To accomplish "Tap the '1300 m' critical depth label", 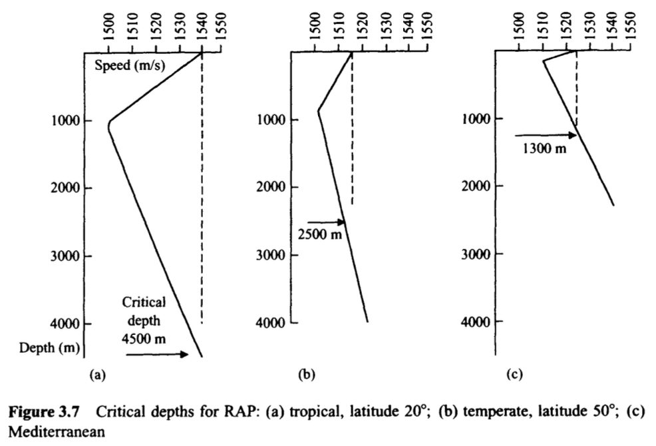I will click(x=544, y=148).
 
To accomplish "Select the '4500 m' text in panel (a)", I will click(x=143, y=337).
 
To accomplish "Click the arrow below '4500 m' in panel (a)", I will click(x=157, y=355).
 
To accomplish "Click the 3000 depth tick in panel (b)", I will click(x=272, y=255).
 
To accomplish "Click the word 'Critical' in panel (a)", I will click(x=144, y=302).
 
